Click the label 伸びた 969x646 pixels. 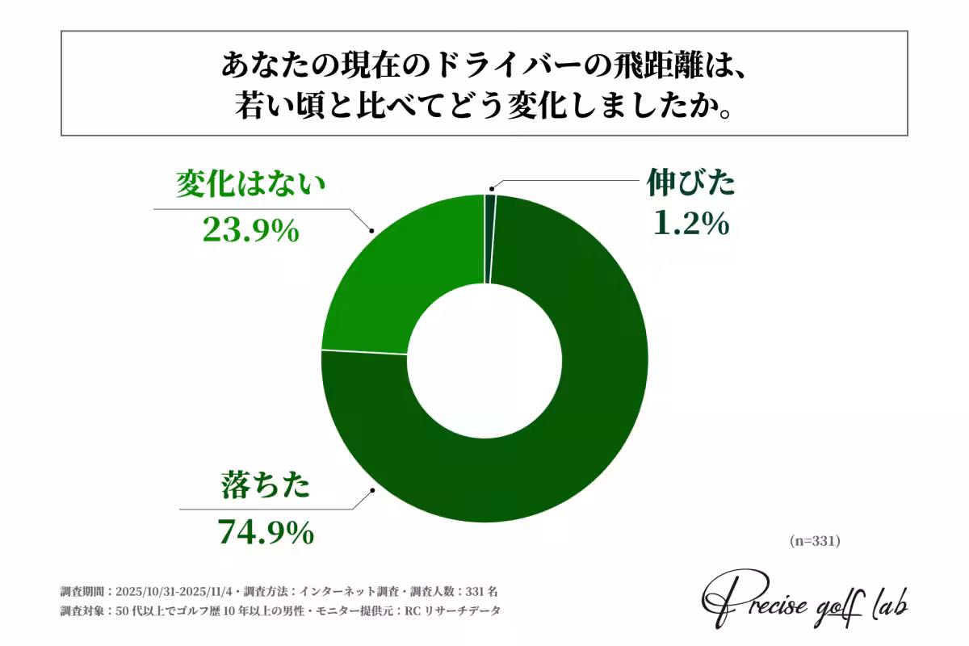tap(691, 184)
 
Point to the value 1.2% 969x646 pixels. tap(691, 223)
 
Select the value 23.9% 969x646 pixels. tap(250, 232)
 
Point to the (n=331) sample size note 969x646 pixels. tap(815, 540)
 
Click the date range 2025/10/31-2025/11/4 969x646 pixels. tap(174, 590)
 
